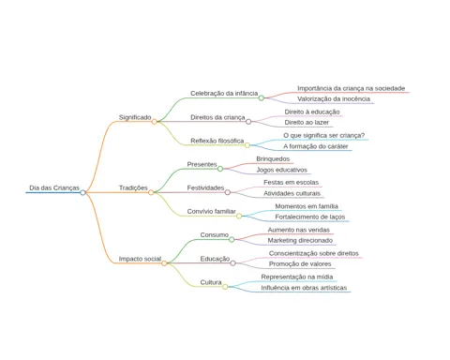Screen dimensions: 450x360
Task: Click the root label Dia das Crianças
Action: pos(54,187)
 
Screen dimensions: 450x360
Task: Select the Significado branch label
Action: pos(135,117)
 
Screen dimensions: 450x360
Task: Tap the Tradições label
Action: pos(133,187)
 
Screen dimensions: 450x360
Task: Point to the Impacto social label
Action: pos(140,259)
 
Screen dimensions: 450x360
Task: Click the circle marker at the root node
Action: pos(82,192)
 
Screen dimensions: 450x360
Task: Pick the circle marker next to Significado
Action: pos(154,122)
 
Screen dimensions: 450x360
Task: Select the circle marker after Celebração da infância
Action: pos(262,97)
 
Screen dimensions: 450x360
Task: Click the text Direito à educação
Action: pos(312,112)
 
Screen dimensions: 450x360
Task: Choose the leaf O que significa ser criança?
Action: pos(324,135)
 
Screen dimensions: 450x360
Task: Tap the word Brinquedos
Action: pos(273,158)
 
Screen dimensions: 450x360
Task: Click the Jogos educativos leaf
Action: pos(281,170)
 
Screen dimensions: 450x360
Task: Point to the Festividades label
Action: pos(205,187)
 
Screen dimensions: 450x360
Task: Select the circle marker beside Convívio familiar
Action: pos(239,216)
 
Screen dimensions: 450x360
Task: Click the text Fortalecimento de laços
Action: pos(310,217)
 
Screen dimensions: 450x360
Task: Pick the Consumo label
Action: pos(215,234)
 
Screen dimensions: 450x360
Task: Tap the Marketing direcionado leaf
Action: pos(300,240)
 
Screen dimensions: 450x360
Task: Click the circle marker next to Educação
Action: pos(232,263)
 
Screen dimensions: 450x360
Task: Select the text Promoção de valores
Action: pos(300,263)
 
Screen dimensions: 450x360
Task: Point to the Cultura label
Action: pos(211,282)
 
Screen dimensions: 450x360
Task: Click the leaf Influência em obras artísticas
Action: pos(304,288)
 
